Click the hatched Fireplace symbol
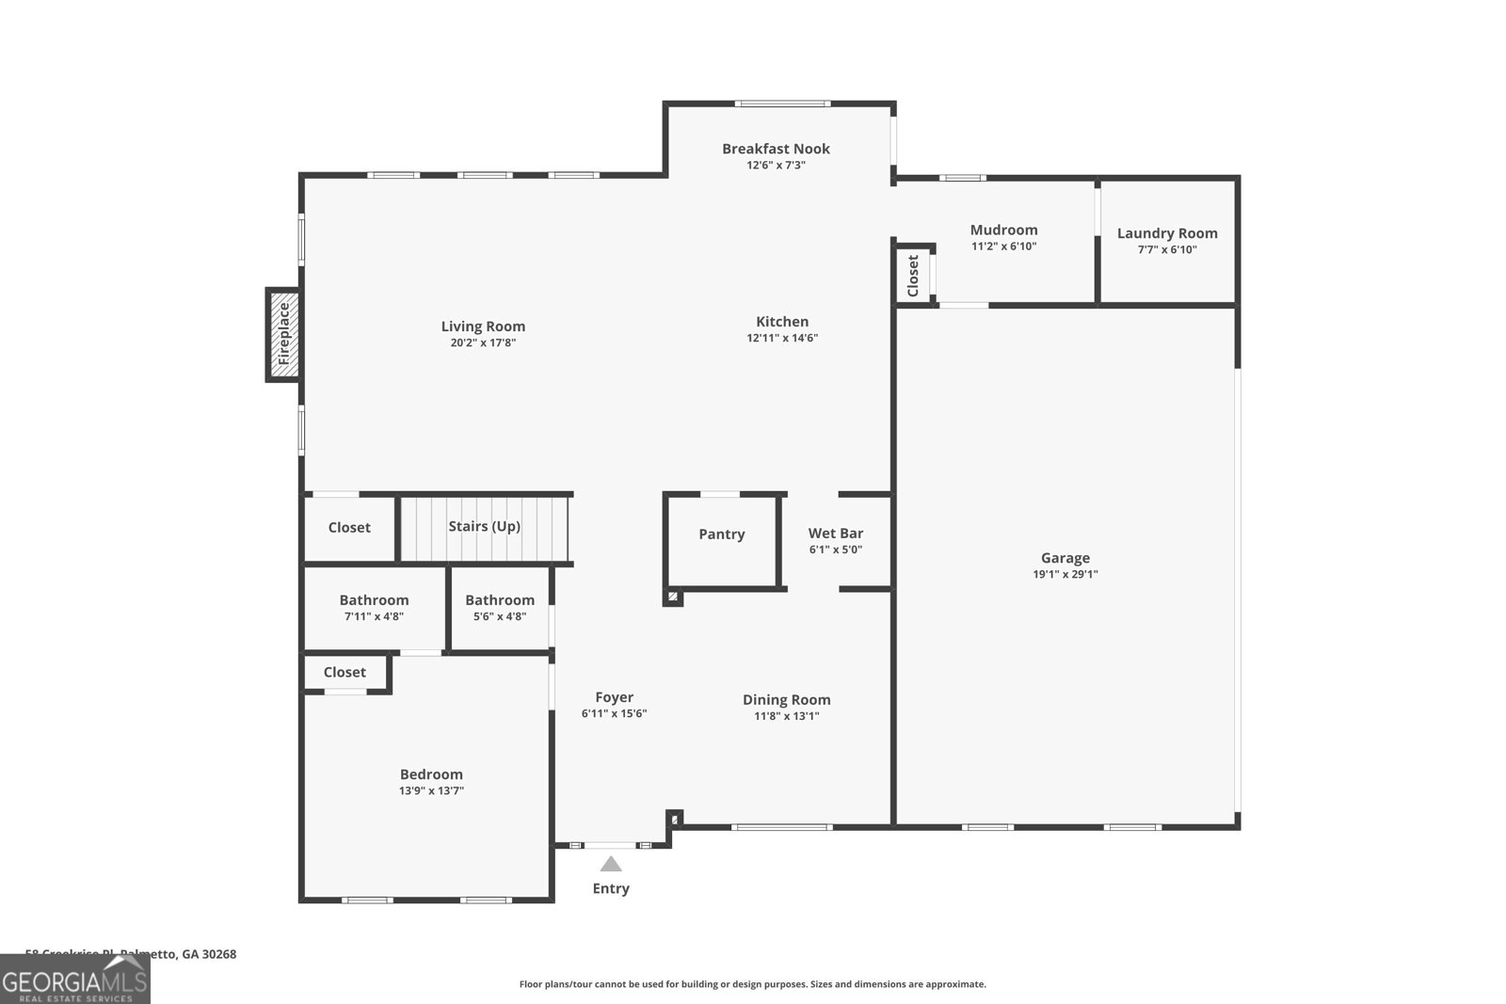pyautogui.click(x=283, y=334)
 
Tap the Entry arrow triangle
pyautogui.click(x=611, y=864)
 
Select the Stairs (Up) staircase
pyautogui.click(x=485, y=527)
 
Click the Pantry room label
pyautogui.click(x=722, y=534)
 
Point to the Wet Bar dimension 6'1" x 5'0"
pyautogui.click(x=836, y=550)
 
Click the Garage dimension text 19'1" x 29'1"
pyautogui.click(x=1065, y=574)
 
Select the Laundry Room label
pyautogui.click(x=1167, y=233)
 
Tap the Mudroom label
pyautogui.click(x=1003, y=230)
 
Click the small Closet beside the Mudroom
pyautogui.click(x=913, y=276)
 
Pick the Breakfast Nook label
pyautogui.click(x=776, y=149)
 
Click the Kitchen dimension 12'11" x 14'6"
pyautogui.click(x=782, y=338)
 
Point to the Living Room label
pyautogui.click(x=483, y=327)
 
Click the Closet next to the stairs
pyautogui.click(x=349, y=528)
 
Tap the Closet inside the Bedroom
pyautogui.click(x=344, y=672)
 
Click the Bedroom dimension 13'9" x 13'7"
pyautogui.click(x=431, y=791)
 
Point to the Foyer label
pyautogui.click(x=614, y=697)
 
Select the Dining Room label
pyautogui.click(x=786, y=699)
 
